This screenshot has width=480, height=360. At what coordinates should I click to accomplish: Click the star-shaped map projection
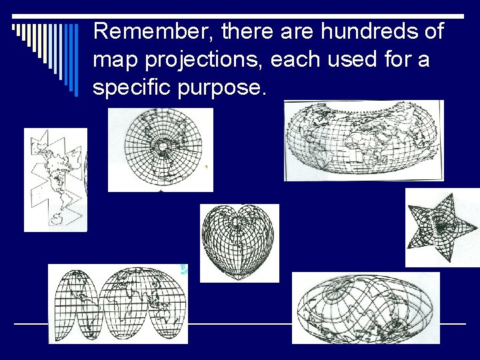pos(442,227)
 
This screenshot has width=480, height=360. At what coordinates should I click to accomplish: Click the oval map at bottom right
pos(365,307)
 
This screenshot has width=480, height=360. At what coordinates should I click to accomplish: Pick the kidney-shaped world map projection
pos(363,140)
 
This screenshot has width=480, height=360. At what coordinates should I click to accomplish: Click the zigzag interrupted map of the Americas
pos(55,179)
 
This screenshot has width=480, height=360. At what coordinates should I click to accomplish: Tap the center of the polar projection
pos(162,145)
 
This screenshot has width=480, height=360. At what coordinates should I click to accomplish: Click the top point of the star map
pos(453,196)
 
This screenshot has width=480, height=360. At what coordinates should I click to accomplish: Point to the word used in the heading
pos(353,61)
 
